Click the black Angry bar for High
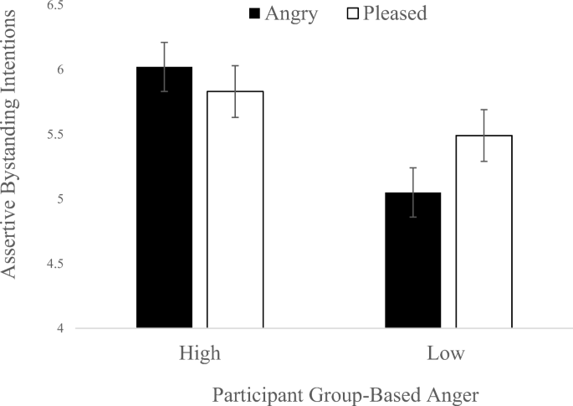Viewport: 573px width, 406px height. point(164,198)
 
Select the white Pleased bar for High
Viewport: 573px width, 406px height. point(235,209)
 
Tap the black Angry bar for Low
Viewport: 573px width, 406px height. point(412,260)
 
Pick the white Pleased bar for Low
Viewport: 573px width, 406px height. point(483,232)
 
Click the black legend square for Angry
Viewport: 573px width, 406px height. point(254,13)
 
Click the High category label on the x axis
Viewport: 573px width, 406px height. point(200,353)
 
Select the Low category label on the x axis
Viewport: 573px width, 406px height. point(448,353)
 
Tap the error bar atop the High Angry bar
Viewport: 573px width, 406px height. point(164,66)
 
